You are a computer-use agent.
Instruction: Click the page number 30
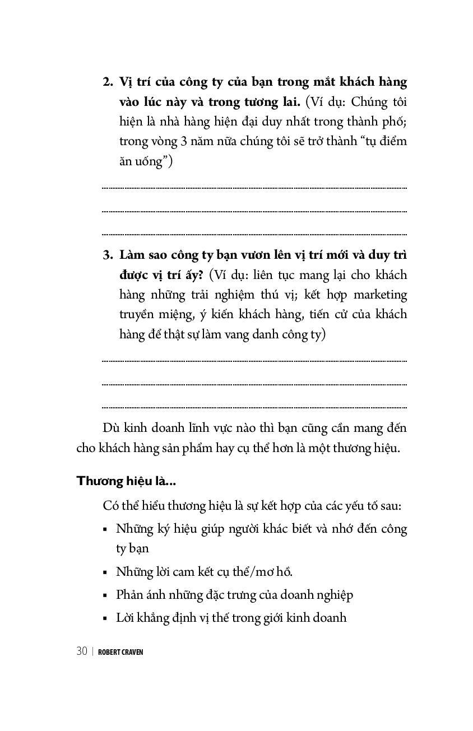[x=82, y=651]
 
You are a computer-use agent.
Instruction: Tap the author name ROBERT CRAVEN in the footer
[x=120, y=652]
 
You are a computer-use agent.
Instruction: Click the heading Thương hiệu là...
[x=126, y=481]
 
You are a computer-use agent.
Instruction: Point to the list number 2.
[x=108, y=82]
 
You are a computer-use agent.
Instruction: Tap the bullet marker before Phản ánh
[x=105, y=595]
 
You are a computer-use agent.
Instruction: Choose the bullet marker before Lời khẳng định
[x=105, y=618]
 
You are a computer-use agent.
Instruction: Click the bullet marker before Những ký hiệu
[x=105, y=529]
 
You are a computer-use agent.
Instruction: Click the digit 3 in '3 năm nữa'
[x=184, y=141]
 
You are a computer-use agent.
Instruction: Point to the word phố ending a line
[x=395, y=122]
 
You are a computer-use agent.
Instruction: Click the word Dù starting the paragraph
[x=111, y=429]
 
